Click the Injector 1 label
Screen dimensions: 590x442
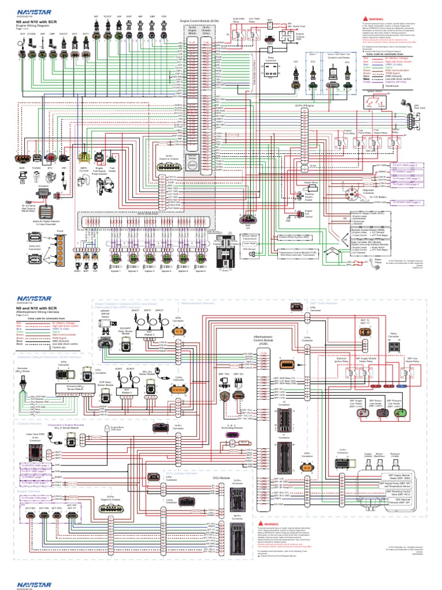pos(115,255)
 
